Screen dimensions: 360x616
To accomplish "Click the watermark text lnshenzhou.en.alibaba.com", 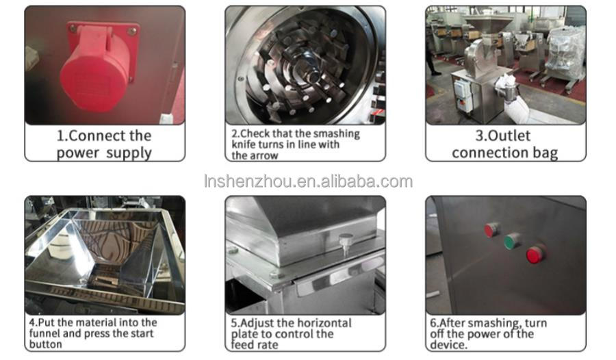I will click(309, 181).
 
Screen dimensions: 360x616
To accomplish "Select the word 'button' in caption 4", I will click(44, 344).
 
